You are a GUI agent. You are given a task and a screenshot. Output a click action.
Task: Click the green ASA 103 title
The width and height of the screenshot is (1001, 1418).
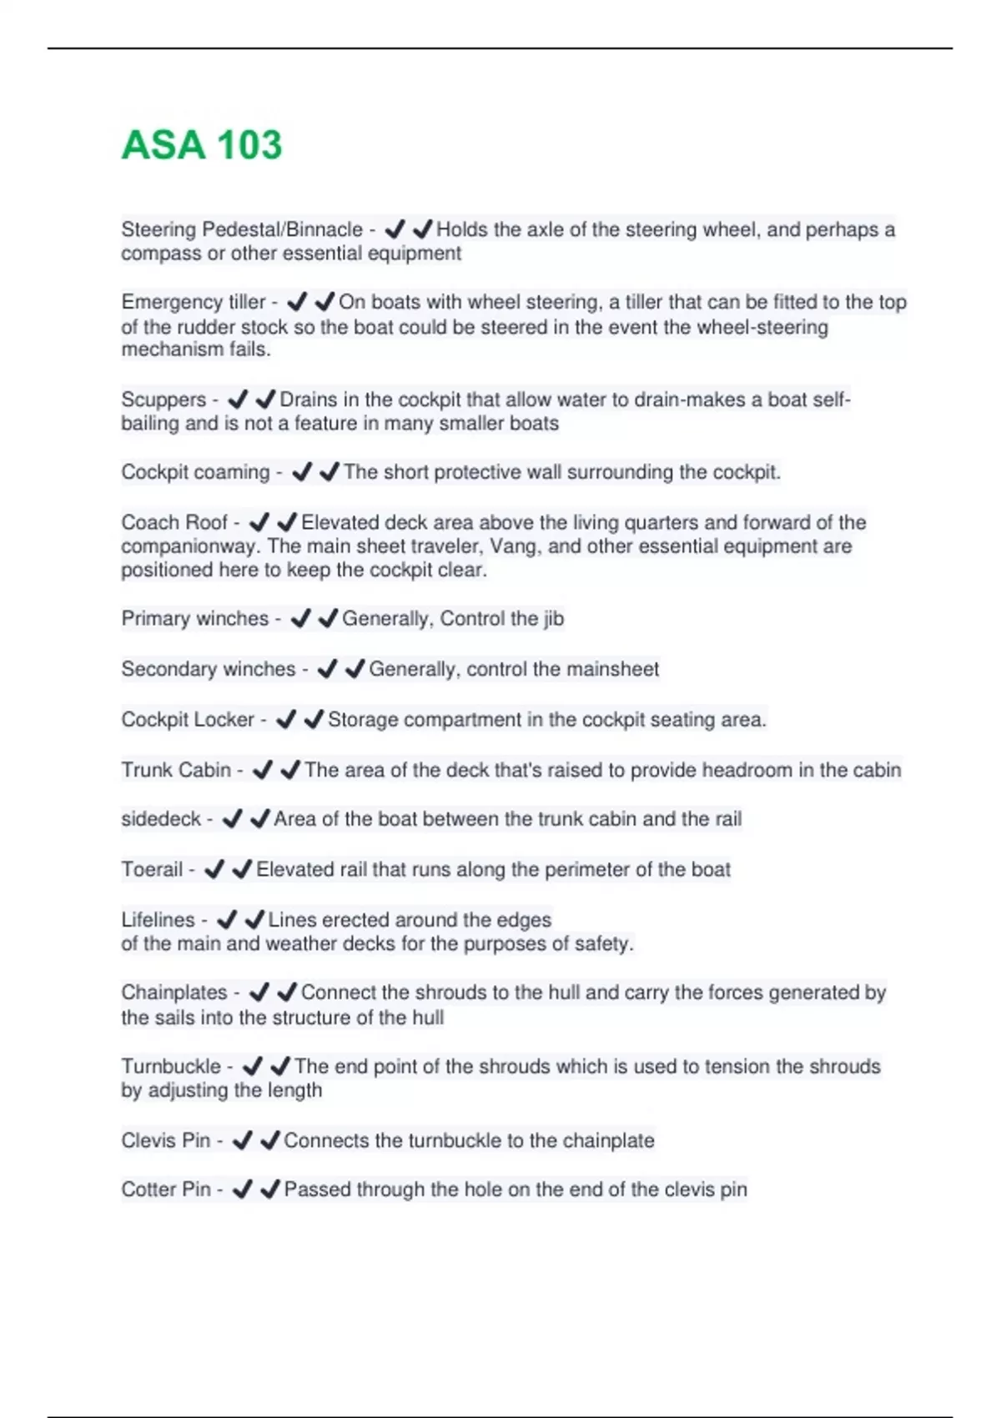(x=202, y=144)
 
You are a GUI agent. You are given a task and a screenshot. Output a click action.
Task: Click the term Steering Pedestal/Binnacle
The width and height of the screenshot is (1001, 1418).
(x=242, y=229)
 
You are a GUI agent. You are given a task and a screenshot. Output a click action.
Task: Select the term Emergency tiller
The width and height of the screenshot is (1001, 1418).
(x=194, y=302)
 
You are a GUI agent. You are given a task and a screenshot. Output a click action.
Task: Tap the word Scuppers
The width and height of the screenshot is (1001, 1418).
(x=163, y=400)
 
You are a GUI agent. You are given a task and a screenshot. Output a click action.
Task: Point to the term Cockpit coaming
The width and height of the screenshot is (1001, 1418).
(x=195, y=472)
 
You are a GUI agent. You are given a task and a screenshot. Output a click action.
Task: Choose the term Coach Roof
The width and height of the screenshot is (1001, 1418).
(x=174, y=522)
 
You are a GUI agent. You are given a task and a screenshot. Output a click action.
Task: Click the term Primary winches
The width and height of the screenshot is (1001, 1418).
(x=195, y=618)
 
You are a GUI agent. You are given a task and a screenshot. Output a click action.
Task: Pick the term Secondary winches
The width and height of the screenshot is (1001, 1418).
(x=209, y=669)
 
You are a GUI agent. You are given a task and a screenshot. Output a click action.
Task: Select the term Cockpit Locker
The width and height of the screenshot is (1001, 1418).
(x=188, y=719)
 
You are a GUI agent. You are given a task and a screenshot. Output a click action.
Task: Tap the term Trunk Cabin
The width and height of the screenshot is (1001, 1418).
(x=176, y=769)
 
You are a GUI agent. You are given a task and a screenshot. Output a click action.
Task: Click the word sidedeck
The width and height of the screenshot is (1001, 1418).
(x=161, y=819)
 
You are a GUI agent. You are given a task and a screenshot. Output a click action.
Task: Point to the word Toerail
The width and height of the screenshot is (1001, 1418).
(x=152, y=869)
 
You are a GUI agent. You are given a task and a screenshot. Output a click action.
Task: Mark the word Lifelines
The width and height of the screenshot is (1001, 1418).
(x=158, y=919)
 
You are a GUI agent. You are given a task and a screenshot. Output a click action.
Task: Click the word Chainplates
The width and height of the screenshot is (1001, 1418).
(x=174, y=992)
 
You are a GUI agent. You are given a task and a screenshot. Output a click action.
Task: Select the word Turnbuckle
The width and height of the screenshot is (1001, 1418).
(x=171, y=1066)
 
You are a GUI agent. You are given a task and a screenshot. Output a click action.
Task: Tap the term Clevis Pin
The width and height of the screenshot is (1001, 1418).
(x=166, y=1140)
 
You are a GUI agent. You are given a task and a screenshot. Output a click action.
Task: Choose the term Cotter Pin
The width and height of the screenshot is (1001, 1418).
(x=166, y=1189)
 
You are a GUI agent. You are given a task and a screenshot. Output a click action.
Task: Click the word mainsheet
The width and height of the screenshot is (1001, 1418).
(x=612, y=669)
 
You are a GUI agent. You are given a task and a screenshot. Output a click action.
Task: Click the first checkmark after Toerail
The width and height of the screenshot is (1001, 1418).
(x=214, y=869)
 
